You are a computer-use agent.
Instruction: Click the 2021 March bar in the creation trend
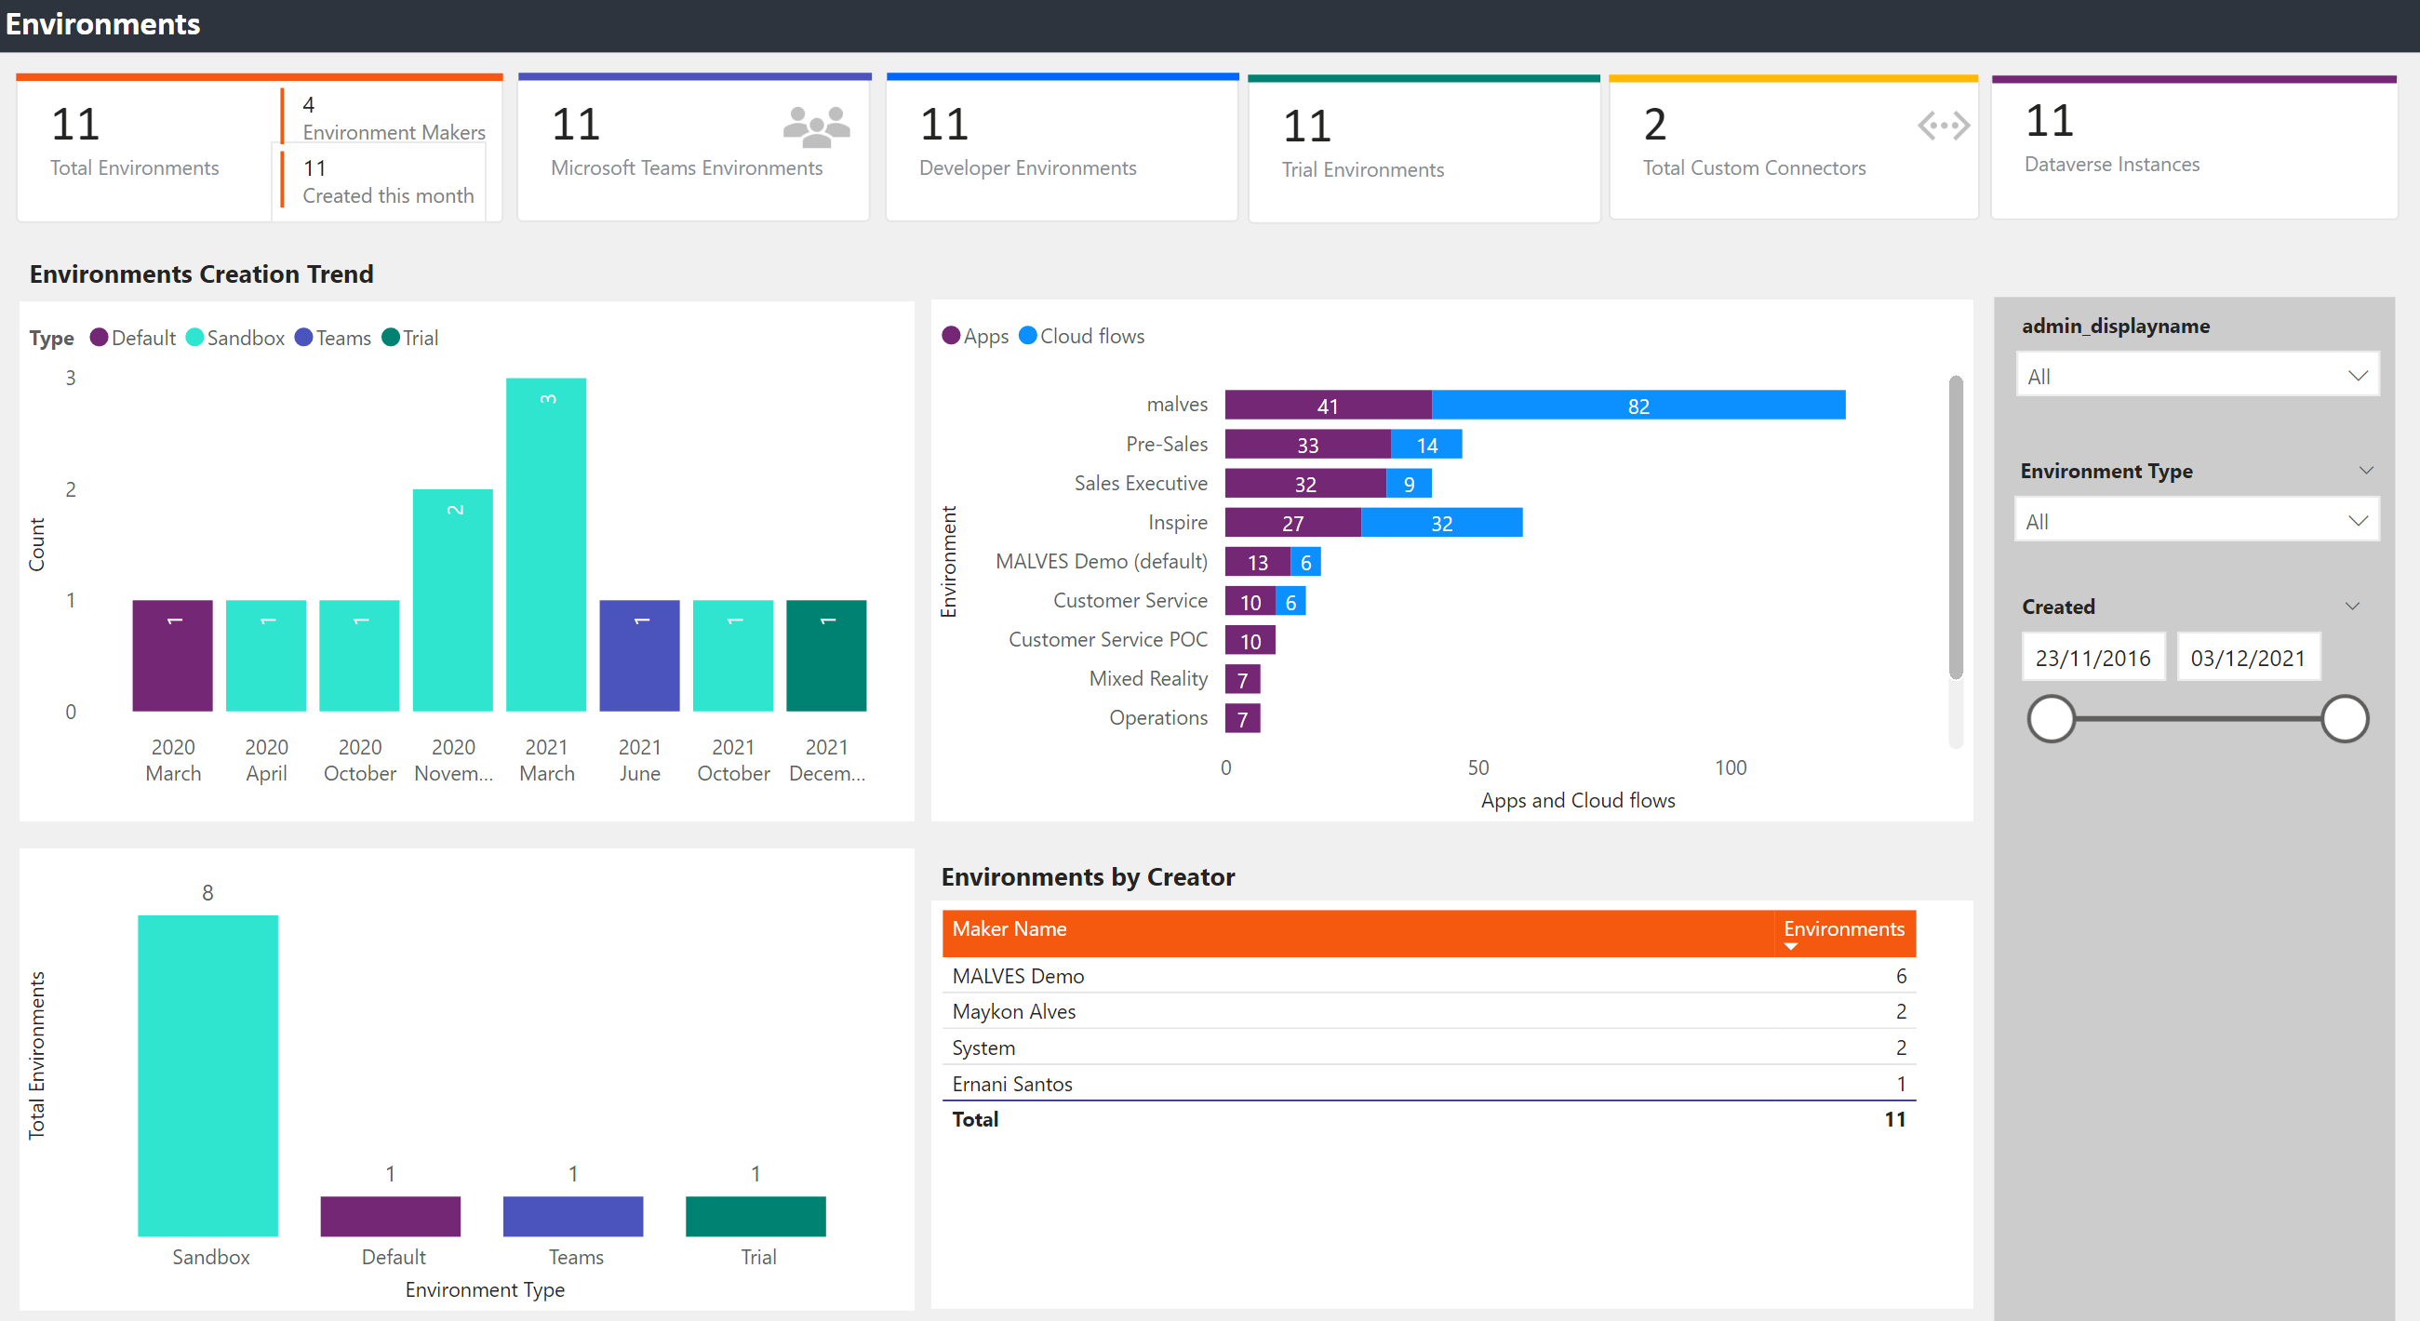[546, 545]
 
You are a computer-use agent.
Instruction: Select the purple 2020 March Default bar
[172, 656]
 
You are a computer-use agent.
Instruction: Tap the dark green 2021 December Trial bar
[826, 656]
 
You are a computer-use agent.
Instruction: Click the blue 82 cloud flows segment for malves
[1638, 406]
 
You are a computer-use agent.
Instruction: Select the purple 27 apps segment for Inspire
[1291, 523]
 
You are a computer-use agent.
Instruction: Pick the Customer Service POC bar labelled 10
[1250, 641]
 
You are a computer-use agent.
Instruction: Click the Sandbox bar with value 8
[207, 1074]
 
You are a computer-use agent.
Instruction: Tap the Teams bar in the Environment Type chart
[572, 1216]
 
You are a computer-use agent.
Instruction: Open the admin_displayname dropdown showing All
[2197, 376]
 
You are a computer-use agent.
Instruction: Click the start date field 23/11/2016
[2092, 658]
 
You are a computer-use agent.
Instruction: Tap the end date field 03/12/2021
[2247, 658]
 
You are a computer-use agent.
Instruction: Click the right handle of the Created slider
[2344, 719]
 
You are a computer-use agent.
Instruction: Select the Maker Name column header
[1009, 929]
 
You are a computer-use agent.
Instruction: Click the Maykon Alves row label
[1013, 1012]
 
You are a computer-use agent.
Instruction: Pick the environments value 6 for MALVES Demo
[1901, 976]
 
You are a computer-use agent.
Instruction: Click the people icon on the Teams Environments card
[815, 126]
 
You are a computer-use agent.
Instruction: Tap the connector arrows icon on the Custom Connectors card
[1943, 125]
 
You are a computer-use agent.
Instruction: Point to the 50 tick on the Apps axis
[1477, 767]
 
